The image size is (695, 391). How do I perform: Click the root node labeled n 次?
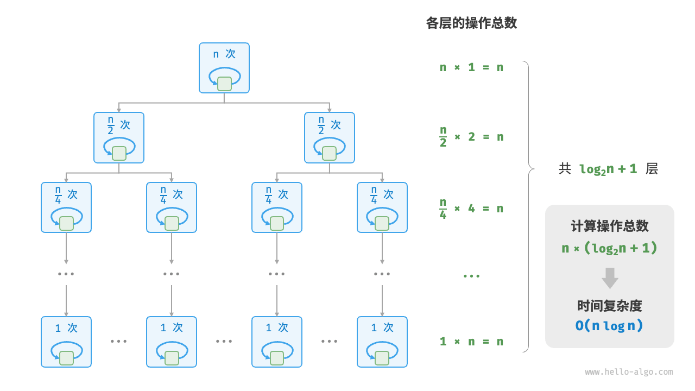point(224,67)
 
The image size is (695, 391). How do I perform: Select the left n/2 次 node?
point(119,137)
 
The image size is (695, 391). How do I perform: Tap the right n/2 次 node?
point(330,137)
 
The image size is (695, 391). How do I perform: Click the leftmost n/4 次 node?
point(66,207)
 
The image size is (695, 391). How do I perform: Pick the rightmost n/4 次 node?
point(382,207)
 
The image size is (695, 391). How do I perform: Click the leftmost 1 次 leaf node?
point(66,342)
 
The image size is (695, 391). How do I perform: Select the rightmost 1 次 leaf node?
point(382,342)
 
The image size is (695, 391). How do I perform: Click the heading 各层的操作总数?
point(471,23)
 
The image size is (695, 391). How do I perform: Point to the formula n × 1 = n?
point(471,67)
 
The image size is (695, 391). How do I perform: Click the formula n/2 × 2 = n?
point(471,137)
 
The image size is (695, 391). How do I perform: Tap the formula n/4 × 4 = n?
point(471,209)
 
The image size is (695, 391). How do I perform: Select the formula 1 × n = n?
point(471,342)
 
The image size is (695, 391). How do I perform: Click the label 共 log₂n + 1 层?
point(608,169)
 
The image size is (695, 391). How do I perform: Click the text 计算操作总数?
point(610,226)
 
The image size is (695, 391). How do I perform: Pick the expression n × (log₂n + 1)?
point(610,249)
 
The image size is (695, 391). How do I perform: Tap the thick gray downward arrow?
point(610,278)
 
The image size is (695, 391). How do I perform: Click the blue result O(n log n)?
point(610,326)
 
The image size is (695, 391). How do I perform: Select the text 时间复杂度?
point(610,306)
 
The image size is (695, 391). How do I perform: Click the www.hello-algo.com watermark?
point(629,372)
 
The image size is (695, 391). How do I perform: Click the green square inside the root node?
point(224,84)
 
